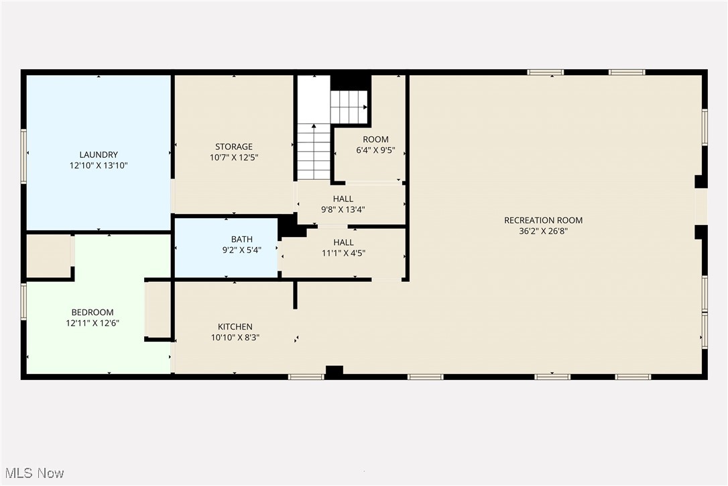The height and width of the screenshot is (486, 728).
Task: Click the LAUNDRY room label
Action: tap(99, 154)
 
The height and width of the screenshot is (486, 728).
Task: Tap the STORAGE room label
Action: tap(234, 146)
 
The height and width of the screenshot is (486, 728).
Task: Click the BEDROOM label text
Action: tap(93, 312)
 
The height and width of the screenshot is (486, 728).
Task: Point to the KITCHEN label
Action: tap(235, 327)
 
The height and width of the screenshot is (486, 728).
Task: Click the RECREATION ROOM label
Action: tap(543, 220)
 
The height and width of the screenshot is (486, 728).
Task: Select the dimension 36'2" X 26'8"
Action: tap(543, 231)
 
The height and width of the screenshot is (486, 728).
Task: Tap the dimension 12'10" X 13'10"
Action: tap(99, 165)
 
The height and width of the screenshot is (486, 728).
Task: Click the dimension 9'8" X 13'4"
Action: tap(343, 209)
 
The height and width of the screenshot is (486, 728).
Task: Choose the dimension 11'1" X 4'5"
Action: tap(343, 253)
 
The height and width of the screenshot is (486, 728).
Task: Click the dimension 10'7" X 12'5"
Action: tap(234, 157)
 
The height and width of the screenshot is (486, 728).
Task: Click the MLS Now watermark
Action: tap(33, 473)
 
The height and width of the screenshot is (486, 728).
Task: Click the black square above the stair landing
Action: tap(350, 82)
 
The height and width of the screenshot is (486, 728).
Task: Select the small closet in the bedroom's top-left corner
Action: tap(48, 256)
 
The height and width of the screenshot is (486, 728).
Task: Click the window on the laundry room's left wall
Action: tap(24, 156)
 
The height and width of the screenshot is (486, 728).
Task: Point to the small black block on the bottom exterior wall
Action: tap(334, 371)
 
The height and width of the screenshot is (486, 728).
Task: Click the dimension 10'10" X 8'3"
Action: tap(235, 338)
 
